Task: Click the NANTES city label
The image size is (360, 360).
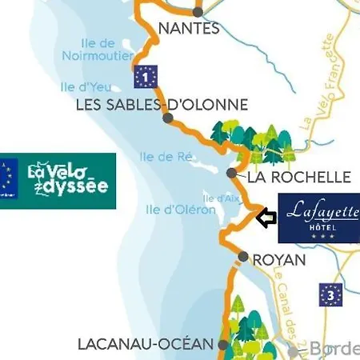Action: (x=189, y=29)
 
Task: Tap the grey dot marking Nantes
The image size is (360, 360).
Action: (x=198, y=12)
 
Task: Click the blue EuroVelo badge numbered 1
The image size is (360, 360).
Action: (x=145, y=77)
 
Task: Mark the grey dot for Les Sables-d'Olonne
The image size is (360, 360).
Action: (x=167, y=118)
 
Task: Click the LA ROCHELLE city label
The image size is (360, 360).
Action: (x=299, y=177)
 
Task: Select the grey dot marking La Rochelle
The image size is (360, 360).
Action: (x=231, y=173)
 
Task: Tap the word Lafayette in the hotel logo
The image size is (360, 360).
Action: (x=319, y=211)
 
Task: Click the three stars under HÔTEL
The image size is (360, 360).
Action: (x=319, y=236)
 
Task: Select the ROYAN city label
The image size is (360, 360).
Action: (x=278, y=260)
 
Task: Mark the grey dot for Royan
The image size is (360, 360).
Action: (x=243, y=257)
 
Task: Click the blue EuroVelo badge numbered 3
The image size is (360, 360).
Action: (x=330, y=294)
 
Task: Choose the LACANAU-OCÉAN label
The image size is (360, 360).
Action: (x=146, y=344)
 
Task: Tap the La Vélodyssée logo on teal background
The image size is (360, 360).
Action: (x=68, y=181)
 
